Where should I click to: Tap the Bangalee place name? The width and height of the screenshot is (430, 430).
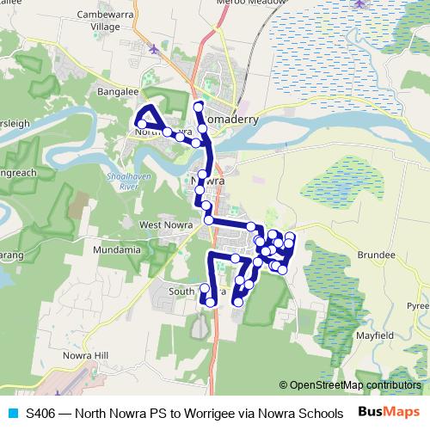tap(119, 89)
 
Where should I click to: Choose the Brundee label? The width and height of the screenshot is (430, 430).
tap(375, 255)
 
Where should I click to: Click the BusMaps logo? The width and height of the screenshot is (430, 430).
tap(389, 411)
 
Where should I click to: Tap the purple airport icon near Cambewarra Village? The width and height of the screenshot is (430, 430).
tap(154, 49)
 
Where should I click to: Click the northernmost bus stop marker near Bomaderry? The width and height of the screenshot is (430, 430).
tap(199, 107)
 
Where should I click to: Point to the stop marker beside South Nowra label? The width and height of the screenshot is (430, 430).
tap(205, 288)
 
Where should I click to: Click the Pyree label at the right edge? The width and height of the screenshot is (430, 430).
tap(419, 304)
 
